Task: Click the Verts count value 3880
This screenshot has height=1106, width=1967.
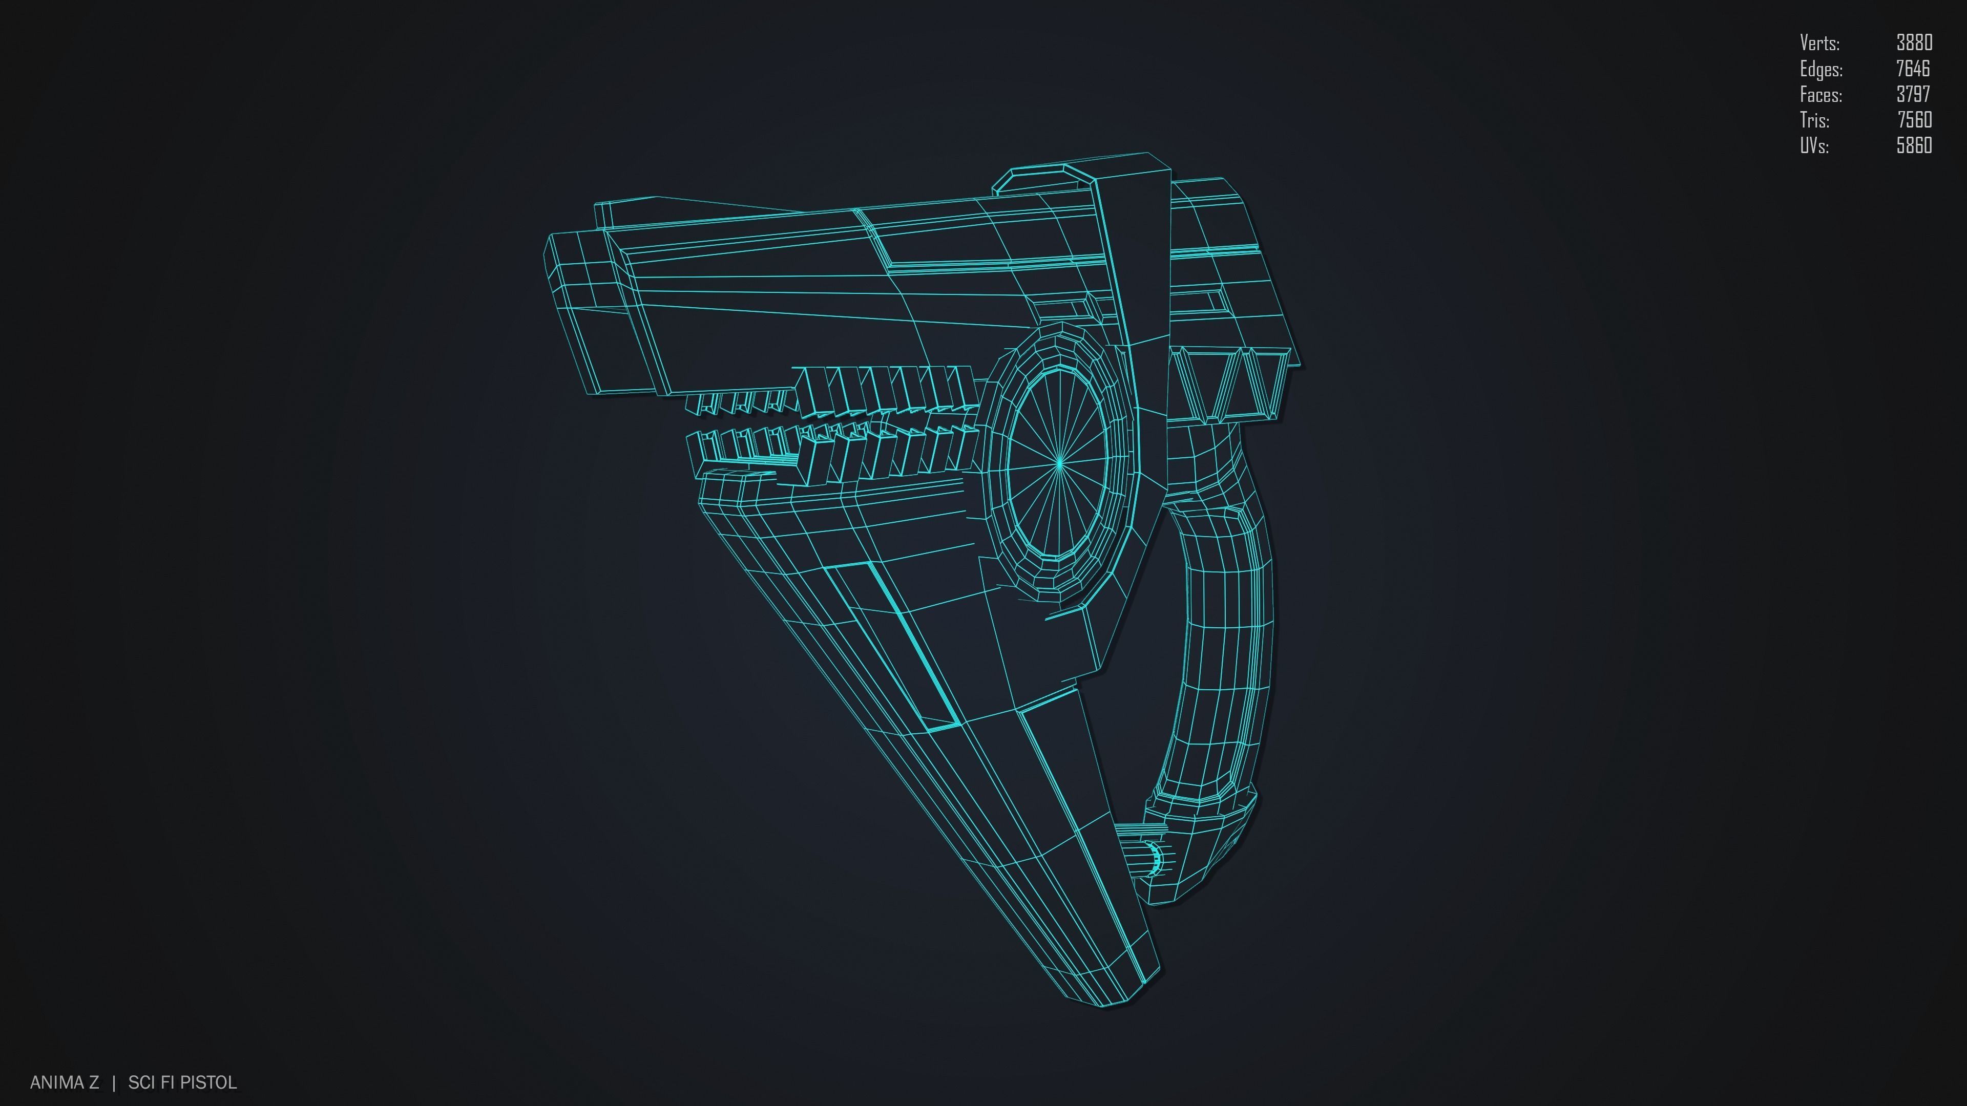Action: tap(1914, 42)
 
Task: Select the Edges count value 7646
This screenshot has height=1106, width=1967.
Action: tap(1912, 69)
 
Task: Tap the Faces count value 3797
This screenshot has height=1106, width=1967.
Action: tap(1913, 94)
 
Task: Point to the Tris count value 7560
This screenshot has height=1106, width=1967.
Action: tap(1914, 120)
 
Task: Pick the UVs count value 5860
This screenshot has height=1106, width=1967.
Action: tap(1914, 145)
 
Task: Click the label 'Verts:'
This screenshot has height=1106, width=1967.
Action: tap(1819, 42)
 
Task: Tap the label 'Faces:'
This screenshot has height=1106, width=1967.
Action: tap(1820, 95)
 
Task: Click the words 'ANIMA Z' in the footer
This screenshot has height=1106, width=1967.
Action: tap(64, 1082)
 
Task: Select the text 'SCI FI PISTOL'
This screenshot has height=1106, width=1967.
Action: tap(182, 1082)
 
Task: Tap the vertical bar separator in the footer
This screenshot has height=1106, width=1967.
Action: tap(114, 1082)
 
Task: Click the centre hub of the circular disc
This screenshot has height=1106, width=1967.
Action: tap(1060, 462)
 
